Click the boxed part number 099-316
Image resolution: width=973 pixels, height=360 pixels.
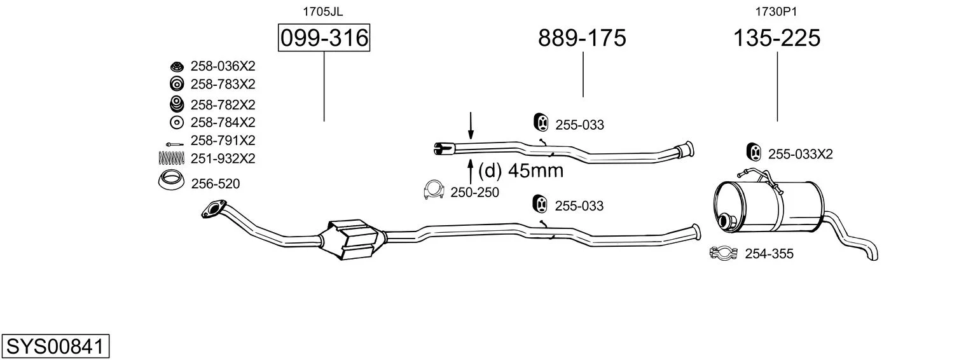[x=324, y=38]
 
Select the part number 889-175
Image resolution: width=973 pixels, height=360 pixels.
[x=582, y=38]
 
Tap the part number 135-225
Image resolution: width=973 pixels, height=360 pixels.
[x=776, y=38]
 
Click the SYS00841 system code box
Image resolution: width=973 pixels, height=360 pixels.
[x=55, y=346]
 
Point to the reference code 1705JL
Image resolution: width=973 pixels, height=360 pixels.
[x=322, y=11]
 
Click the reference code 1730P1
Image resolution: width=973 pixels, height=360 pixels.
[x=776, y=11]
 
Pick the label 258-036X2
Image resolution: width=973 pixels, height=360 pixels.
[x=223, y=66]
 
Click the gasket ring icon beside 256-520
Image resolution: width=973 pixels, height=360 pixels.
[x=171, y=181]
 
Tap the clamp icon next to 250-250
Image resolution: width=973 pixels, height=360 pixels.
[x=434, y=190]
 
